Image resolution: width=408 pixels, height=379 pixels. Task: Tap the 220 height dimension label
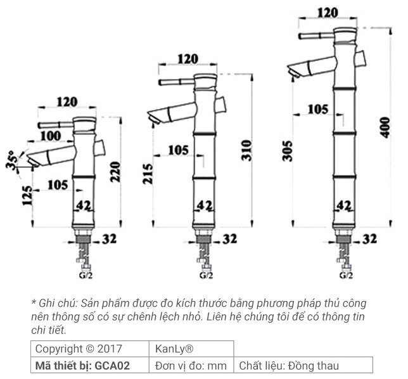click(x=115, y=170)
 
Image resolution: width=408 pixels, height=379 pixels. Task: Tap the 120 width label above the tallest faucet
click(x=327, y=12)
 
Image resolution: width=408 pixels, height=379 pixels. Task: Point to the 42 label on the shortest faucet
click(x=84, y=205)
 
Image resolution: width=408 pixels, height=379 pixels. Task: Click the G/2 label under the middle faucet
click(x=206, y=275)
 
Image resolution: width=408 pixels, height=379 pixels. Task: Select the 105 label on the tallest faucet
click(x=319, y=109)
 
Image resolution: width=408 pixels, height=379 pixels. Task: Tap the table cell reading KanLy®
click(x=174, y=349)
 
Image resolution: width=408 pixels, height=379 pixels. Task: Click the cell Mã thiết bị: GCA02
click(x=82, y=366)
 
